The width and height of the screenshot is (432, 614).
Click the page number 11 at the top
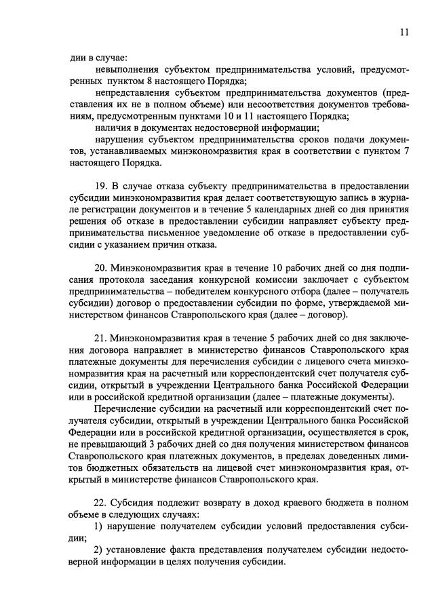pyautogui.click(x=405, y=32)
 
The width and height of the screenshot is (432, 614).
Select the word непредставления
pyautogui.click(x=132, y=92)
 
